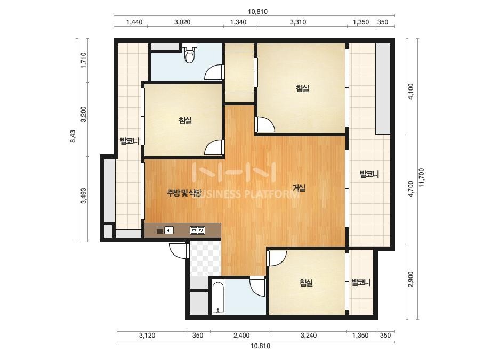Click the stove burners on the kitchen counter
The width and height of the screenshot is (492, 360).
tap(197, 231)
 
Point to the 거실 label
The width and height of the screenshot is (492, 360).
tap(299, 188)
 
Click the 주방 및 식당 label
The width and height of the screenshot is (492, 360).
tap(184, 193)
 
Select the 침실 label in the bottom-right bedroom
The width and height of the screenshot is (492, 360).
tap(307, 283)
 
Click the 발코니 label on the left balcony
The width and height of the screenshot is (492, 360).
tap(130, 142)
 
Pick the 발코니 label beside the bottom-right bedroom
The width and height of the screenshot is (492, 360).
tap(360, 283)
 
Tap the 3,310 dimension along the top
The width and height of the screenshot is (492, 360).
tap(298, 22)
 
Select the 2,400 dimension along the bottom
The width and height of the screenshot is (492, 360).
tap(241, 336)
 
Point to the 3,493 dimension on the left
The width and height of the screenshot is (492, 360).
tap(84, 195)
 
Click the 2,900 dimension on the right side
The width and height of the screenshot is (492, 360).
tap(411, 279)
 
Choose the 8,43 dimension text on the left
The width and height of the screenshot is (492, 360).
tap(73, 137)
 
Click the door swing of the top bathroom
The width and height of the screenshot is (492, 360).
tap(213, 72)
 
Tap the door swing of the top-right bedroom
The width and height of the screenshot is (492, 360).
tap(265, 125)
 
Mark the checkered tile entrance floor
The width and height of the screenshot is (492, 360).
tap(205, 258)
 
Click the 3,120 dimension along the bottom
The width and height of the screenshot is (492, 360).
tap(147, 336)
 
